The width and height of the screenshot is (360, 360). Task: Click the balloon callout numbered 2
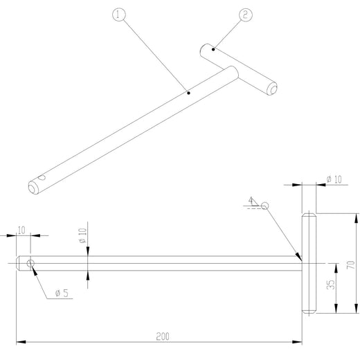245,15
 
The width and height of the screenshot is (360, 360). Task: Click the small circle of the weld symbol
265,205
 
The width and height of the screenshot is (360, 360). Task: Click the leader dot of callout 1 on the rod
188,91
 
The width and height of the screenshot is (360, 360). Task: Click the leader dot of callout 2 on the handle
214,49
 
